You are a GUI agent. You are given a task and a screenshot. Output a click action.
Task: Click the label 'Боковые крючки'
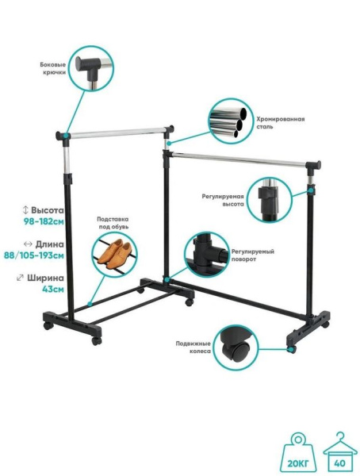tap(53, 68)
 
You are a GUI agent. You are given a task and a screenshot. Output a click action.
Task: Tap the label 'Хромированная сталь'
tap(281, 123)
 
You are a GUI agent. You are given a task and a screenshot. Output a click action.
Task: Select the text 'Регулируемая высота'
tap(223, 201)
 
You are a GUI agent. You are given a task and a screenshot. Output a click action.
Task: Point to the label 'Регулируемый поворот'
tap(253, 255)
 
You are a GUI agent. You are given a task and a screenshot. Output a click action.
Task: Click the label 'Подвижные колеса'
tap(193, 347)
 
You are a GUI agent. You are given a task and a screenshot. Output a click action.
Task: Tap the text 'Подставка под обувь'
tap(113, 223)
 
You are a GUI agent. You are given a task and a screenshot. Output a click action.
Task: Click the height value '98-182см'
tap(44, 221)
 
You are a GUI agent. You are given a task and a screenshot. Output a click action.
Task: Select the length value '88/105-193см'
tap(34, 255)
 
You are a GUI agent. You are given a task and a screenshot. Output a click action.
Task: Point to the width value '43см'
tap(53, 289)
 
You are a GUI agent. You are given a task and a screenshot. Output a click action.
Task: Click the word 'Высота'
tap(48, 210)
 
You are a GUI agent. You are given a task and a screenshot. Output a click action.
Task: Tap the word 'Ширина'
tap(45, 278)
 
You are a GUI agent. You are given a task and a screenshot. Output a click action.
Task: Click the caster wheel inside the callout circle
tap(236, 347)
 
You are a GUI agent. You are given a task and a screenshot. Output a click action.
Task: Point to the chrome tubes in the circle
tap(231, 121)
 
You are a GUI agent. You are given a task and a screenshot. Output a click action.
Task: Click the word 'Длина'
tap(50, 244)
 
